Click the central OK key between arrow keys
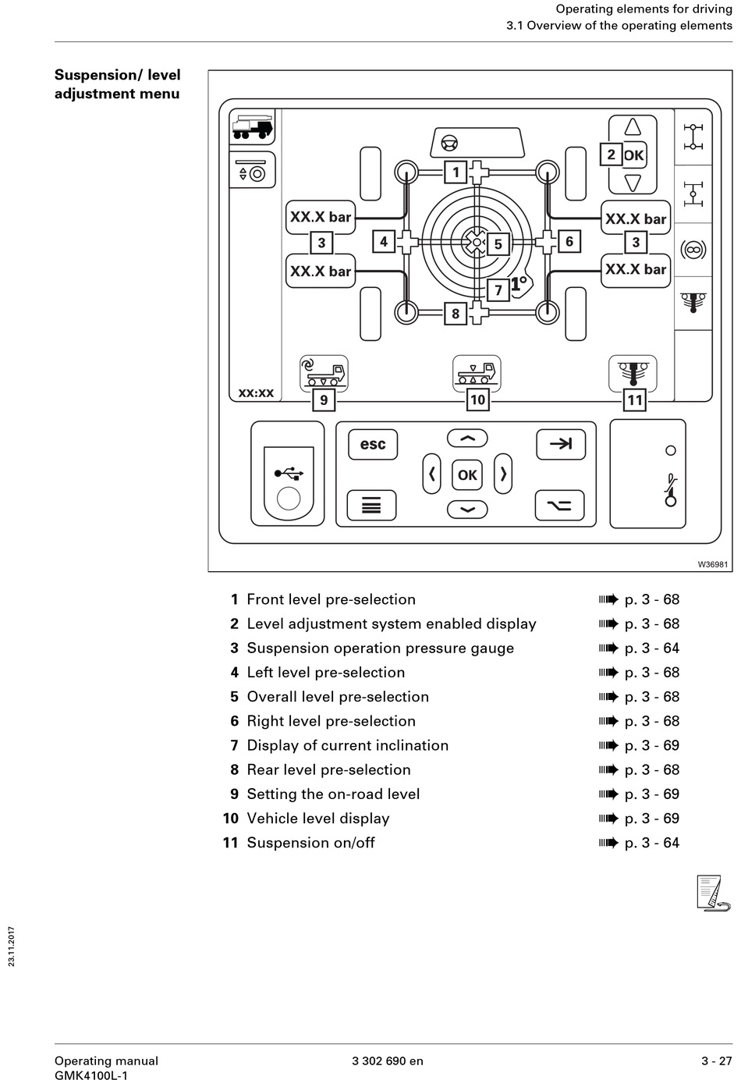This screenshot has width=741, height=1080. click(x=467, y=475)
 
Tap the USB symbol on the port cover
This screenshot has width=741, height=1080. click(x=289, y=473)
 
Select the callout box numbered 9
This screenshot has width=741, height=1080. click(x=324, y=400)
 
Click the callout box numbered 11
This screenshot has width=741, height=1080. click(x=634, y=400)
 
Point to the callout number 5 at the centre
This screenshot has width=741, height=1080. click(x=498, y=244)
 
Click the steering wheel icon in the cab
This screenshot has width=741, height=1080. click(x=449, y=144)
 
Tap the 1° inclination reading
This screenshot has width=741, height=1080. click(x=519, y=283)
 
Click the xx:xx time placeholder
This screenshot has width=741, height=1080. click(x=256, y=393)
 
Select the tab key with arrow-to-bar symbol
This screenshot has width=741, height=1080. click(x=561, y=443)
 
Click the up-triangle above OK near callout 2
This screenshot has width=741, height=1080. click(x=633, y=126)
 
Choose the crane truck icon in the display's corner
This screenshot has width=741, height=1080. click(x=253, y=127)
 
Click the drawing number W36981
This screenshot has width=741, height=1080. click(x=713, y=564)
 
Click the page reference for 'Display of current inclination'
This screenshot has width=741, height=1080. click(x=652, y=745)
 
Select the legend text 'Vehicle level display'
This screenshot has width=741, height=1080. click(x=318, y=818)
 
